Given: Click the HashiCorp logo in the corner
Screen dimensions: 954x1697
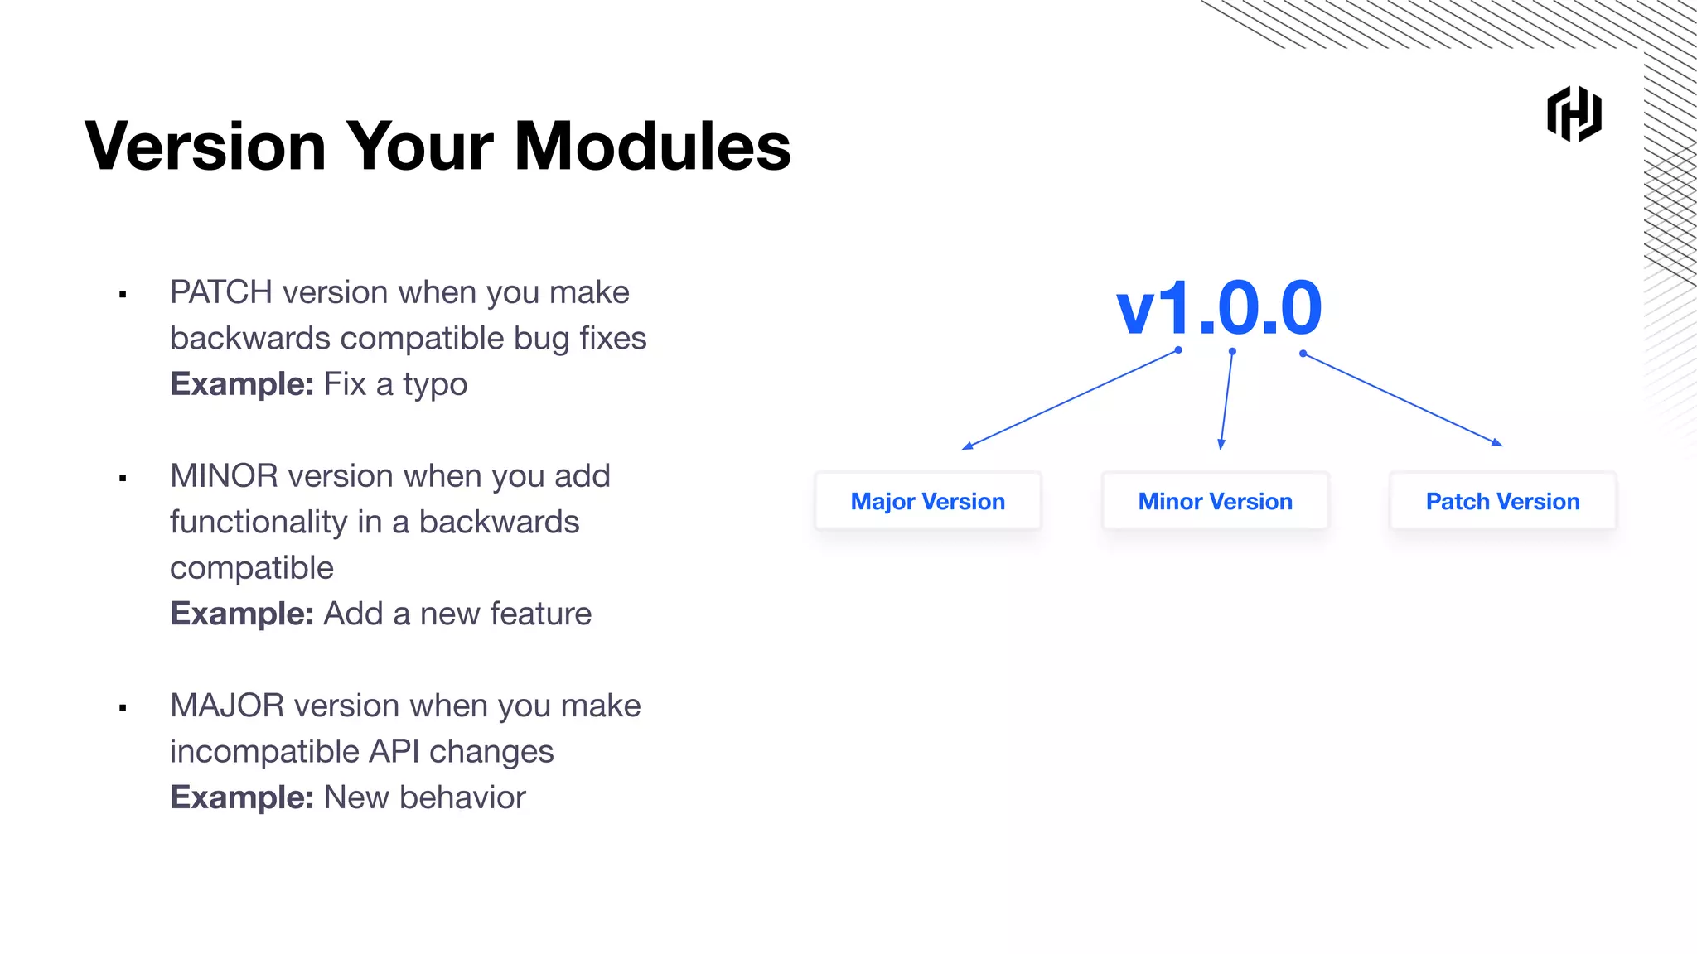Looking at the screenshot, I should pyautogui.click(x=1574, y=114).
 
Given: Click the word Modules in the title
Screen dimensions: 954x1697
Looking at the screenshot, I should pyautogui.click(x=652, y=147).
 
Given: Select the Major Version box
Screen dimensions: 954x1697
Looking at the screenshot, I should pyautogui.click(x=927, y=501).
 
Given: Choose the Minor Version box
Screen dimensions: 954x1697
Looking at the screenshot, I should pyautogui.click(x=1215, y=501).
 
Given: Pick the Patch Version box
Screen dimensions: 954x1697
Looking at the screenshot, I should pyautogui.click(x=1502, y=501).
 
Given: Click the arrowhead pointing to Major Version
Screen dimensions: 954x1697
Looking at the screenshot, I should pyautogui.click(x=967, y=446).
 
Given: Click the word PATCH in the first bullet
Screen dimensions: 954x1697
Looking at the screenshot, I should pyautogui.click(x=220, y=292).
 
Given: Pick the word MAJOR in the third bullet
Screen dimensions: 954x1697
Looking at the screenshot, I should pyautogui.click(x=227, y=706).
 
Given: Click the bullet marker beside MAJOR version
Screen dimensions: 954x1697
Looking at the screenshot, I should pyautogui.click(x=123, y=707).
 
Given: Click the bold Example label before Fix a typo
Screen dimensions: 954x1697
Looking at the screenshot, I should pyautogui.click(x=241, y=384).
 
